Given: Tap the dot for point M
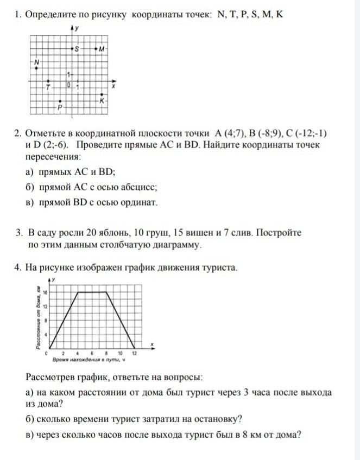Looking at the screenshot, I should click(x=96, y=49).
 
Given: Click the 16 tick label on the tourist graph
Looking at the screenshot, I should click(x=46, y=292).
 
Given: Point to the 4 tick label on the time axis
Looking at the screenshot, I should click(x=78, y=353).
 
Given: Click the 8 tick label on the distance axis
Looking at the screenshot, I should click(x=46, y=321).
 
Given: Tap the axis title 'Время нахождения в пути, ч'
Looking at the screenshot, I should click(x=89, y=360).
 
